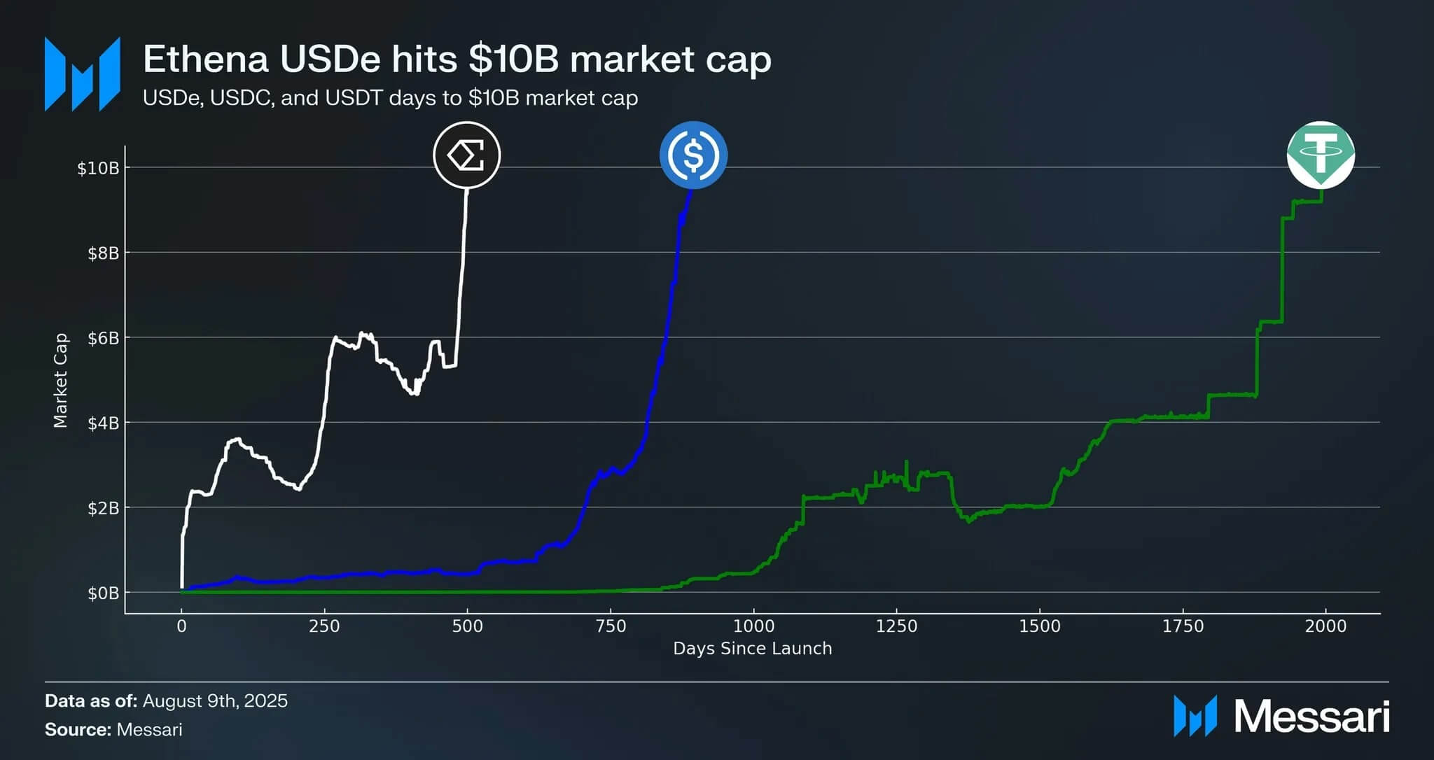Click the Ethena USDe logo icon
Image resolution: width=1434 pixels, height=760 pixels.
466,155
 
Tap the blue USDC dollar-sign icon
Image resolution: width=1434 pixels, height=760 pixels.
693,155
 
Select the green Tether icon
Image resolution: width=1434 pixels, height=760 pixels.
1321,155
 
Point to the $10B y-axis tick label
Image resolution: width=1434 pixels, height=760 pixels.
98,169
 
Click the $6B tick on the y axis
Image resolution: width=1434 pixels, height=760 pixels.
103,339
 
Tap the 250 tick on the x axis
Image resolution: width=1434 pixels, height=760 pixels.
324,626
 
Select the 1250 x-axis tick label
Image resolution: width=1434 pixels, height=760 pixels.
896,626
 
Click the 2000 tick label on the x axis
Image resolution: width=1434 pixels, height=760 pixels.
1325,626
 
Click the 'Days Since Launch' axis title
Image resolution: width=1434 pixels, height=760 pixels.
752,649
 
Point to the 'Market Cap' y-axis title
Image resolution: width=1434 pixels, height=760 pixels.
61,380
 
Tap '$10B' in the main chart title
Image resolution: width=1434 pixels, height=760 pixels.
514,59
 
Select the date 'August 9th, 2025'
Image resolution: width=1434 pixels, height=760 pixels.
215,701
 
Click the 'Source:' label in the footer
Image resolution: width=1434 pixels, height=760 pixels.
78,730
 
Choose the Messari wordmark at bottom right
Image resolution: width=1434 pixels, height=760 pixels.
1311,717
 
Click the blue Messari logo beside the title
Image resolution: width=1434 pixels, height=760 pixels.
83,74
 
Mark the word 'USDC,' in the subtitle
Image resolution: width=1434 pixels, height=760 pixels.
242,98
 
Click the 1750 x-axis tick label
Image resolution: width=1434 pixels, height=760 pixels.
1183,626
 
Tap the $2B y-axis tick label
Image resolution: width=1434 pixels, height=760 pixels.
103,509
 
